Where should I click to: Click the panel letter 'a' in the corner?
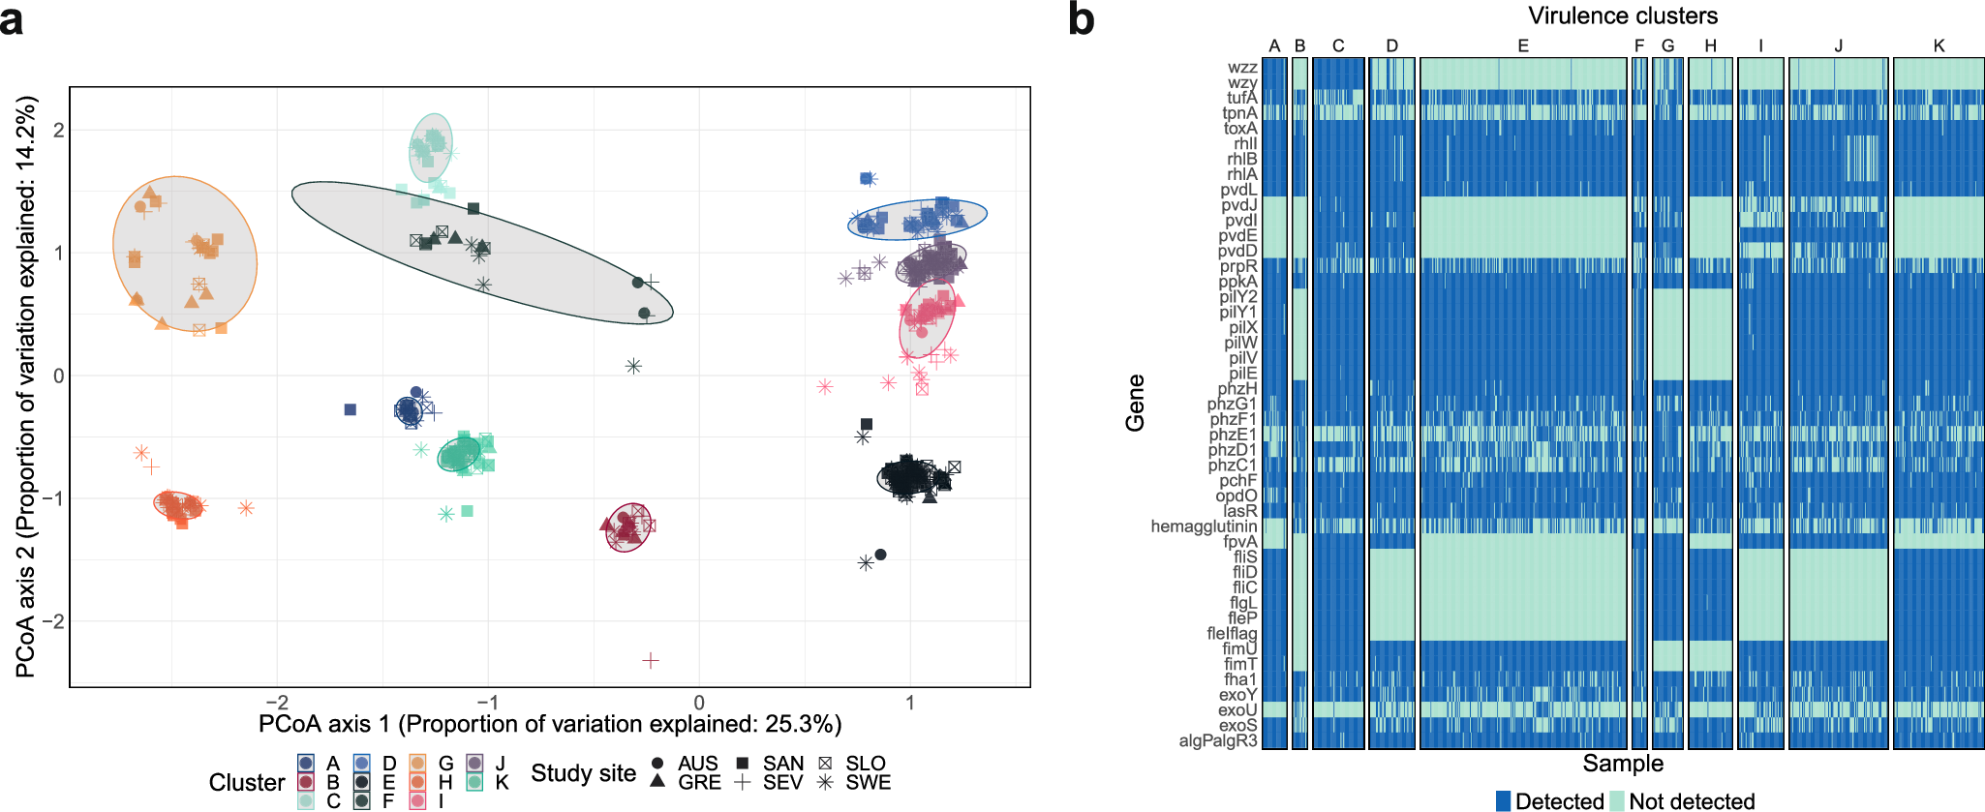point(13,20)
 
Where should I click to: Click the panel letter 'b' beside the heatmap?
point(1081,19)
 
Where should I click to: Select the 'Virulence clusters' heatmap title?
point(1623,15)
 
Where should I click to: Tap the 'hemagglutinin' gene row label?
point(1204,526)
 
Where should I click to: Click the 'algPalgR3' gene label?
point(1217,740)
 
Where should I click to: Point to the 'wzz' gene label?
point(1241,68)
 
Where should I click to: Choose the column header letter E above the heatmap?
point(1523,45)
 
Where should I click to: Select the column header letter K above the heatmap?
point(1939,45)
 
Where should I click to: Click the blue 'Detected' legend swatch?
point(1503,800)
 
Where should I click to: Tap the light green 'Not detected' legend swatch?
point(1616,800)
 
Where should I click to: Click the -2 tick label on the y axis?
point(58,621)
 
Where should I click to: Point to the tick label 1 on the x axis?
point(909,703)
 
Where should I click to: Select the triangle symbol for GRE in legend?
point(657,781)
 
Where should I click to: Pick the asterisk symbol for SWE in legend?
point(825,782)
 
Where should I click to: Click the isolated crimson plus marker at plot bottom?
point(651,660)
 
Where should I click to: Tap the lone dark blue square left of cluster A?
point(351,409)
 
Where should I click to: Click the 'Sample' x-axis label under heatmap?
point(1623,763)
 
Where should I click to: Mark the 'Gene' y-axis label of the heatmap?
point(1135,403)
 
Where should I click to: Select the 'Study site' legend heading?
point(583,772)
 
